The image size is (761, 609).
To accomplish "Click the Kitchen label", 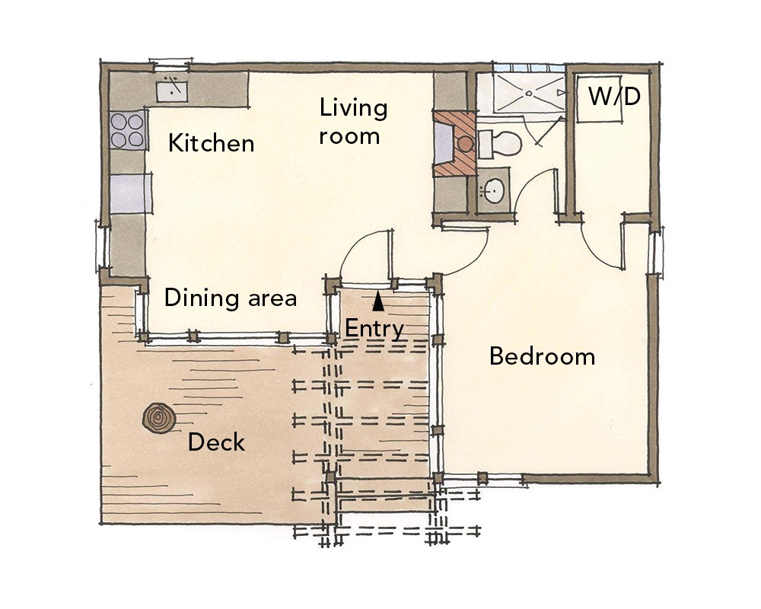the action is [211, 143].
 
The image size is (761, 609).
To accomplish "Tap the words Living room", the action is [353, 121].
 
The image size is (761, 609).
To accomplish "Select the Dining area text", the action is [231, 298].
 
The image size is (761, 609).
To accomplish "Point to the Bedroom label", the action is [542, 356].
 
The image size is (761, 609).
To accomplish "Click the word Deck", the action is [216, 442].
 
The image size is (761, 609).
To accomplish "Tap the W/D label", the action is [614, 96].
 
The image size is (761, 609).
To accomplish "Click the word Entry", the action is [374, 329].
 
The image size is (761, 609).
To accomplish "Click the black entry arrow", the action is [378, 301].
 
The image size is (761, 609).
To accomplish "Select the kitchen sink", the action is [172, 91].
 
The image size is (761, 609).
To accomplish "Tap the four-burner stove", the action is [128, 130].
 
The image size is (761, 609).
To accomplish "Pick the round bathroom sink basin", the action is [494, 191].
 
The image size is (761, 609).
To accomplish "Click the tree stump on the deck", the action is [159, 418].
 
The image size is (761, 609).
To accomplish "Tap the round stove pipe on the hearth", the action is [466, 143].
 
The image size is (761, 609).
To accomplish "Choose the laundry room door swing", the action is [594, 250].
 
